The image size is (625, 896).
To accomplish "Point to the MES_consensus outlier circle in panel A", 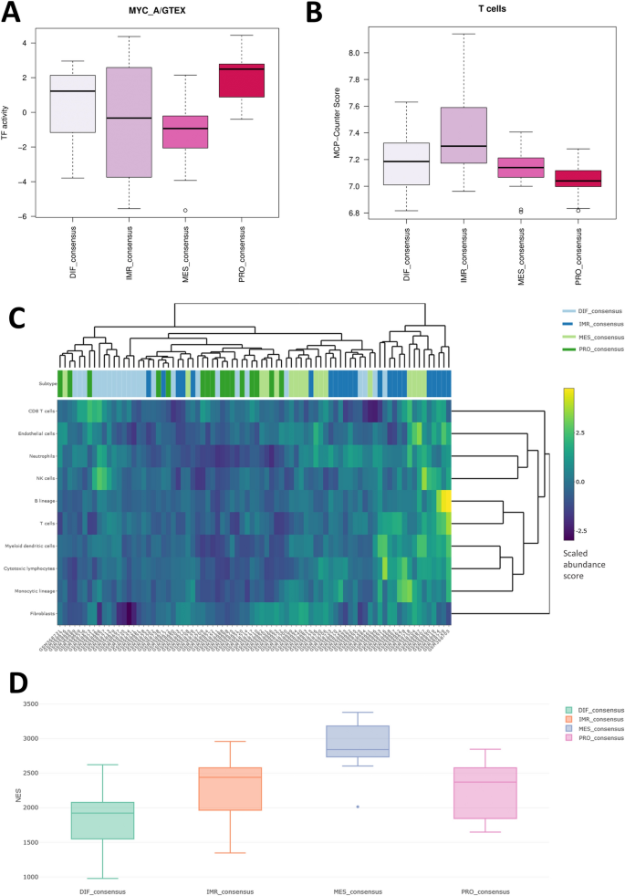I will tap(185, 210).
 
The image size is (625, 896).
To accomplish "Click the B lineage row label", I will tap(43, 501).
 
